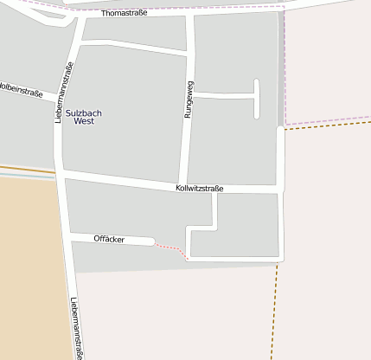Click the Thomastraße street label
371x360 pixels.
pyautogui.click(x=124, y=14)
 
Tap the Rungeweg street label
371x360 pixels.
pyautogui.click(x=188, y=99)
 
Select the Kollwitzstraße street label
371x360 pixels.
pyautogui.click(x=199, y=187)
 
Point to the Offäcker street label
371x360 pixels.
pyautogui.click(x=109, y=238)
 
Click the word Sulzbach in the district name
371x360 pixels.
pyautogui.click(x=84, y=112)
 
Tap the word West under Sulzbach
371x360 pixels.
pyautogui.click(x=84, y=122)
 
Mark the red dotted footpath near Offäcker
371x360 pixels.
pyautogui.click(x=171, y=250)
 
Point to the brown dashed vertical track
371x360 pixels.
pyautogui.click(x=275, y=312)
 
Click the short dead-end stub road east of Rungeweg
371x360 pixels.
pyautogui.click(x=256, y=99)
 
